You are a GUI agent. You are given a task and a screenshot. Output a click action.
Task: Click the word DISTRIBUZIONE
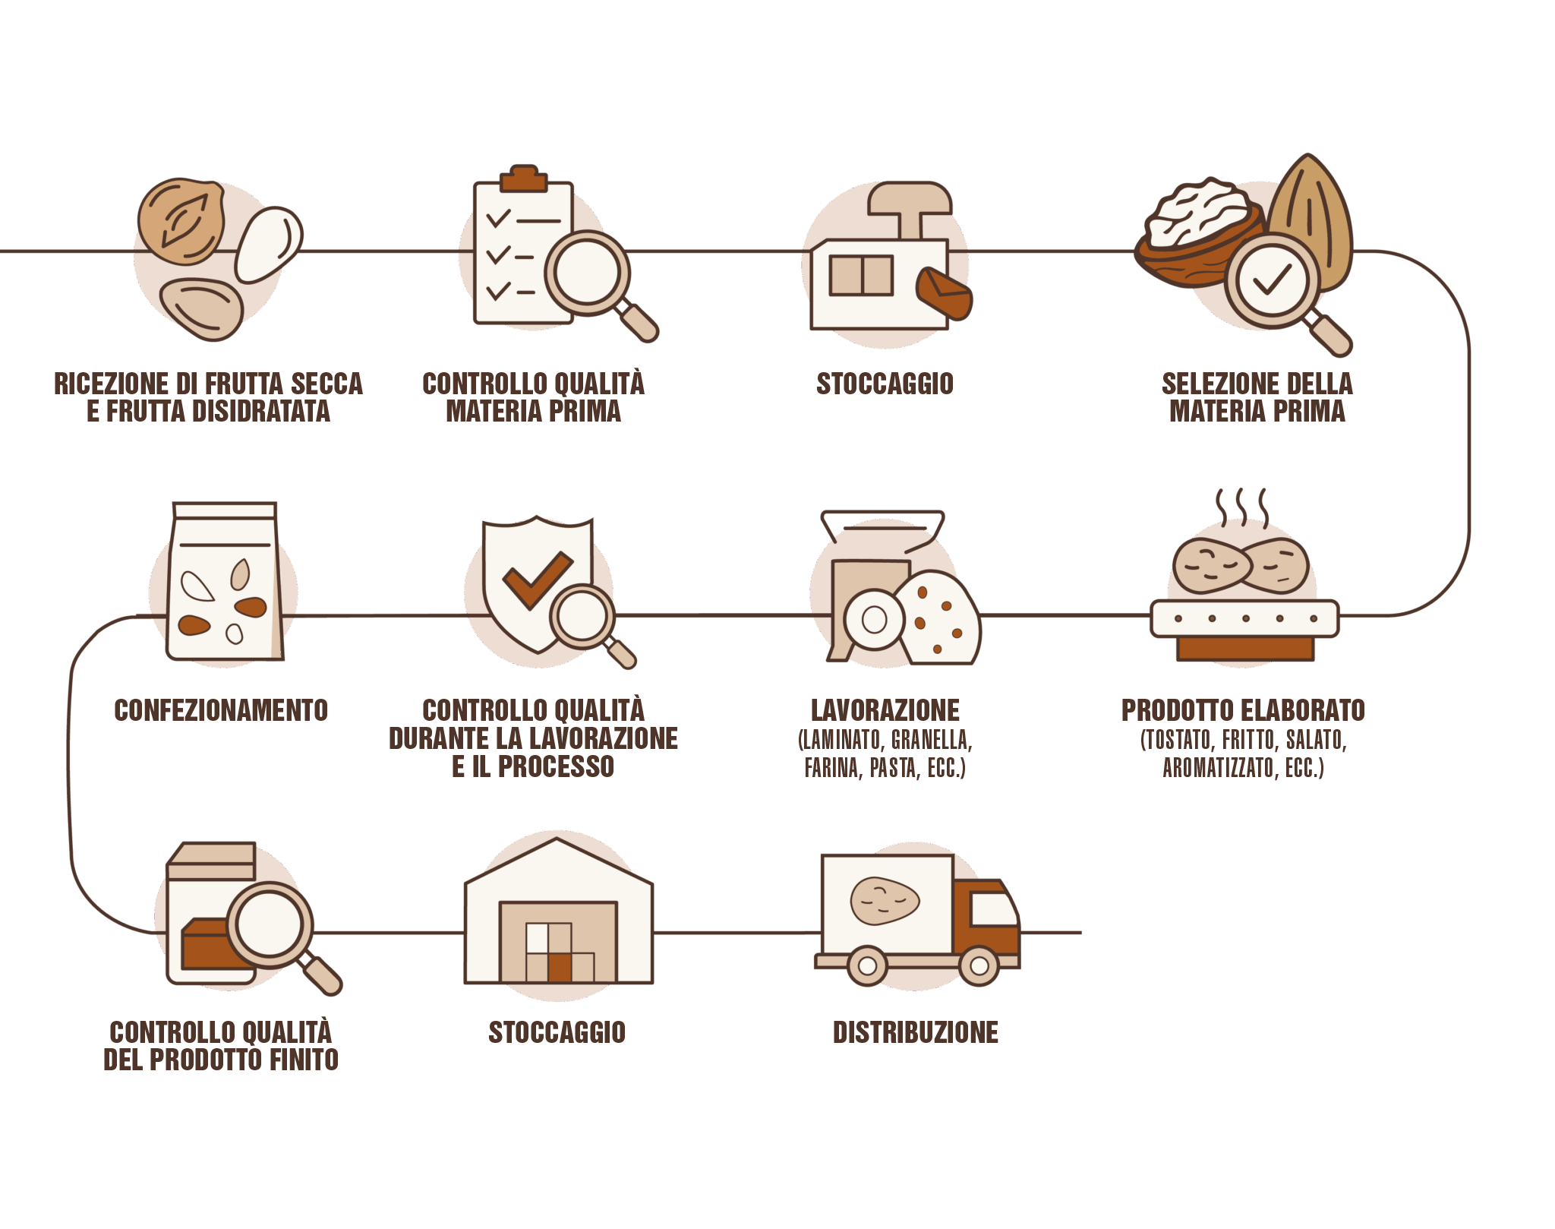(x=915, y=1032)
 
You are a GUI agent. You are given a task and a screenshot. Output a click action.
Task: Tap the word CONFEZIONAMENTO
(x=220, y=710)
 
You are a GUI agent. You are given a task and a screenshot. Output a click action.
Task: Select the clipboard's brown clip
(x=523, y=178)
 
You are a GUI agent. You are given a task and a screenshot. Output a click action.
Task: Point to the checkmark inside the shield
(x=537, y=579)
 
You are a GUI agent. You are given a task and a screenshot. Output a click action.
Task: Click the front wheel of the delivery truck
(x=979, y=965)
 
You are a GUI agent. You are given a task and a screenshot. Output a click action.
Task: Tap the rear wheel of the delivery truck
(x=867, y=966)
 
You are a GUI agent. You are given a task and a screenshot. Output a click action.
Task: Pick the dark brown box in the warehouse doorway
(x=560, y=968)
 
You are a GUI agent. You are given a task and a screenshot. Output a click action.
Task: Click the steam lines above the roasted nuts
(x=1241, y=506)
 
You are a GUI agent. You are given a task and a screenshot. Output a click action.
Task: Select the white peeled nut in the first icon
(x=268, y=243)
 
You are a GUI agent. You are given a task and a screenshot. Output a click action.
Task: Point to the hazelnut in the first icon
(x=181, y=220)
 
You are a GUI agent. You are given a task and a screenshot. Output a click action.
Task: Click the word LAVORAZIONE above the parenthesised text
(x=885, y=710)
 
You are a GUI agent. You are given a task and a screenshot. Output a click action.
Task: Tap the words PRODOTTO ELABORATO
(x=1242, y=710)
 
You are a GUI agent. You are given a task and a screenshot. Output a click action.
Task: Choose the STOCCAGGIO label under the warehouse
(x=557, y=1032)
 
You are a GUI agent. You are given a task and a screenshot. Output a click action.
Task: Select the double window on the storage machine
(x=860, y=275)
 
